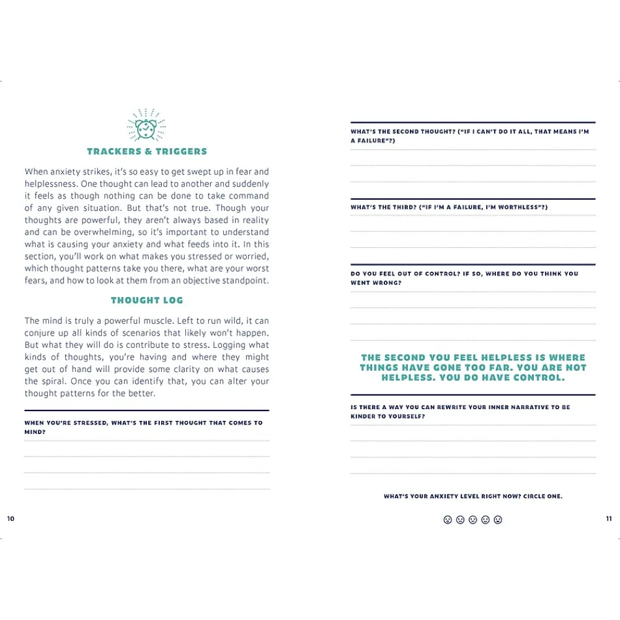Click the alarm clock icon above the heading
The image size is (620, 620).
pos(146,126)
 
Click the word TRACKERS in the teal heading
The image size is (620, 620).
pos(108,151)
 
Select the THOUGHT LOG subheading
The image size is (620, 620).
pos(147,300)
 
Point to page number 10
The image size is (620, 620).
pos(11,519)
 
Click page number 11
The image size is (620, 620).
pos(609,519)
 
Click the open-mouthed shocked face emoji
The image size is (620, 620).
pos(448,520)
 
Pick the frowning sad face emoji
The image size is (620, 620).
pos(460,520)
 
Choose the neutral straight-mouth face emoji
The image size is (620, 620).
pos(472,520)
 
